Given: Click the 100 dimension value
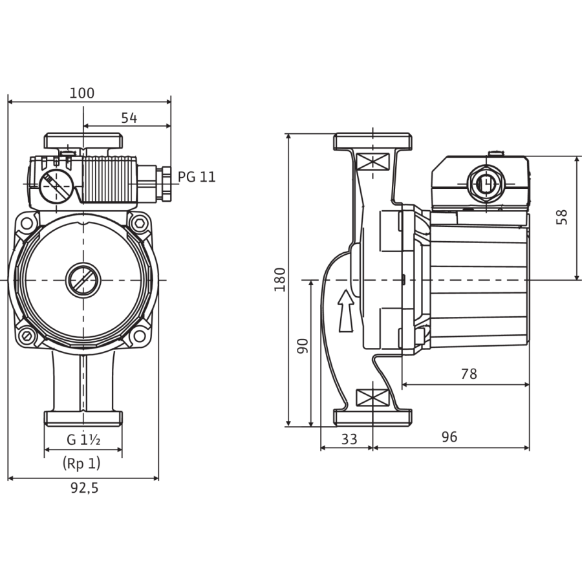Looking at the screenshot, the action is click(x=82, y=92).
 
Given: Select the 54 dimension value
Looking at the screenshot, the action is click(x=129, y=118).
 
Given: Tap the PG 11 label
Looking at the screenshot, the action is click(x=197, y=177).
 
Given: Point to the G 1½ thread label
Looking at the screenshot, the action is click(x=83, y=440).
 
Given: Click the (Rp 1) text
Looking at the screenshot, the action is click(x=81, y=463).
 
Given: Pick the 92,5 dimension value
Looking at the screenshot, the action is click(x=85, y=488).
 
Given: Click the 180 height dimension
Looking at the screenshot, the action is click(x=280, y=279).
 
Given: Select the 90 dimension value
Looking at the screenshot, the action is click(x=303, y=346).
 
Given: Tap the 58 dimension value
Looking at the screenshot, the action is click(x=562, y=217).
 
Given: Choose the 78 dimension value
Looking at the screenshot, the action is click(x=469, y=374).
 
